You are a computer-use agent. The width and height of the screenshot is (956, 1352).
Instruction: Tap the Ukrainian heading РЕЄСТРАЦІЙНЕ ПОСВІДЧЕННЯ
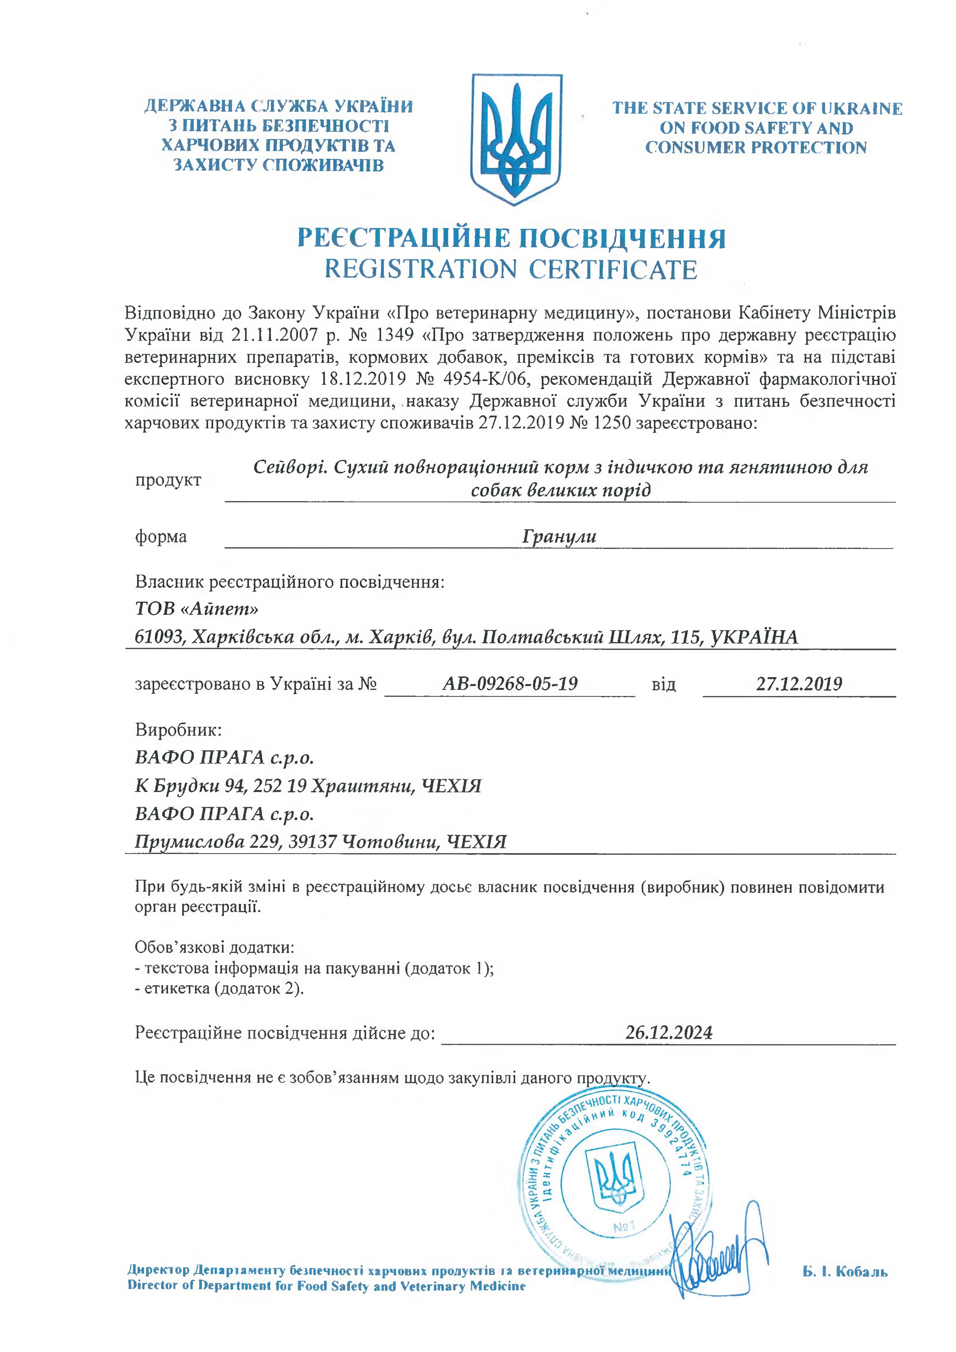pyautogui.click(x=511, y=239)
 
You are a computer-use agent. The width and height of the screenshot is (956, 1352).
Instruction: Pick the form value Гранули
pyautogui.click(x=559, y=536)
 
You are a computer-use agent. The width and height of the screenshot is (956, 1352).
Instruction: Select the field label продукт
pyautogui.click(x=168, y=480)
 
